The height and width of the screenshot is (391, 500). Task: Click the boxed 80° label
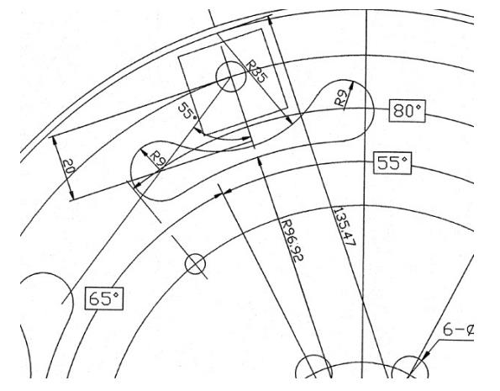(x=407, y=111)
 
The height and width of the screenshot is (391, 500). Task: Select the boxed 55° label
(x=392, y=163)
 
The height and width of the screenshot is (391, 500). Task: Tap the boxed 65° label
(x=104, y=299)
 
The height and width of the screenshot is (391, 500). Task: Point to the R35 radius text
(x=256, y=72)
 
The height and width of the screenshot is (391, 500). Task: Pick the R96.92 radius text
(x=292, y=240)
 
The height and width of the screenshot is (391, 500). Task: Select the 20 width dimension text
(x=68, y=166)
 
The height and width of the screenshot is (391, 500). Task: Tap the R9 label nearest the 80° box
(x=340, y=98)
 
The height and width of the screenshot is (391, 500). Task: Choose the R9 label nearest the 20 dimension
(x=157, y=158)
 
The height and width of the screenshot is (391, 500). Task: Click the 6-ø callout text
(x=458, y=330)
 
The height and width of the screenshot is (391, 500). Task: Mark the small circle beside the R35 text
(x=231, y=77)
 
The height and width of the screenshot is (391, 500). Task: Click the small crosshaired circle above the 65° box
(x=195, y=264)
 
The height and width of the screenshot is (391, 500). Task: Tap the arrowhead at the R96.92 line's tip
(x=260, y=161)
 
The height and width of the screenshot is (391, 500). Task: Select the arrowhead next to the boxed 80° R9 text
(x=350, y=86)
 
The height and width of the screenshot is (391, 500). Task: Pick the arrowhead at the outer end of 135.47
(x=271, y=21)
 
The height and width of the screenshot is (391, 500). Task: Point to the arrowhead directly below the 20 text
(x=71, y=196)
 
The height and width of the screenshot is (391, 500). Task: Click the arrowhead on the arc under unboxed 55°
(x=246, y=139)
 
